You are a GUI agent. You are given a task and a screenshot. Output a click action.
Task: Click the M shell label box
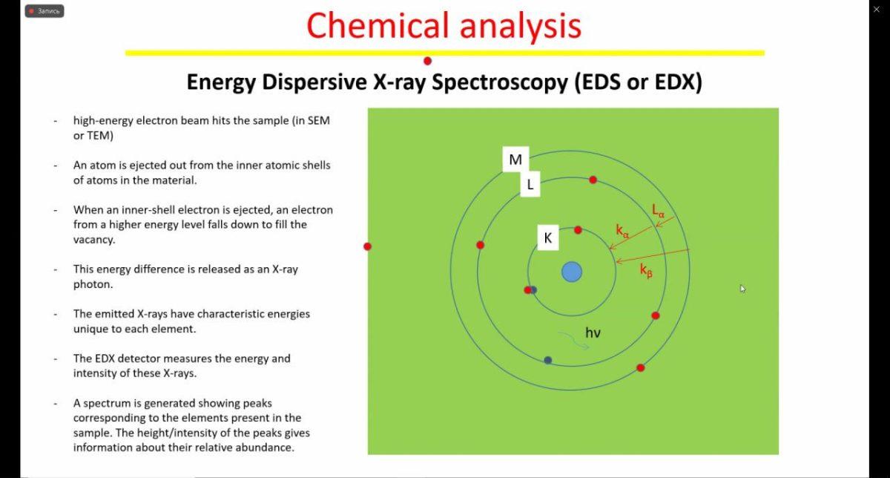515,160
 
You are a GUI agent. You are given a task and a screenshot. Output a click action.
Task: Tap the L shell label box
530,184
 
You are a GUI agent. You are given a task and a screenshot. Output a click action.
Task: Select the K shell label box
548,238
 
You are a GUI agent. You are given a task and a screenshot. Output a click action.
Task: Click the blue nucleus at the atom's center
572,272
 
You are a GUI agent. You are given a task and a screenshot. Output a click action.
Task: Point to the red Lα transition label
658,210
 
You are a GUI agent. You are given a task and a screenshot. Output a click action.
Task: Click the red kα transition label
622,231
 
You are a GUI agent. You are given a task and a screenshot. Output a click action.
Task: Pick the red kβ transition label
646,271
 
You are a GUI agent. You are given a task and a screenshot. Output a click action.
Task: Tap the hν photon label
593,333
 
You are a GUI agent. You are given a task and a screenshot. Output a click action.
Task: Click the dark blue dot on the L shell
548,360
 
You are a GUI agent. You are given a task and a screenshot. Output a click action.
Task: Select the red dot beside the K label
578,230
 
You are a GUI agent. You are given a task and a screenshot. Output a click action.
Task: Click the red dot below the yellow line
427,62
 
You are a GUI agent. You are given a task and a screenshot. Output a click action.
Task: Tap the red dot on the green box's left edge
368,246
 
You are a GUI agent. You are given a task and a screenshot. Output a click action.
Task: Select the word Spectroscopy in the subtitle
500,82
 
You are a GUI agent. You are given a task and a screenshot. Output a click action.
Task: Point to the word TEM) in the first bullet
100,136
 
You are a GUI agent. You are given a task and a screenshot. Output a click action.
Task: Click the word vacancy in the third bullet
93,240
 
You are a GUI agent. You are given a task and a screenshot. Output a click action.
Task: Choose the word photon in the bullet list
92,284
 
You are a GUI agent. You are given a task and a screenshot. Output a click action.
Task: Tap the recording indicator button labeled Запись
44,11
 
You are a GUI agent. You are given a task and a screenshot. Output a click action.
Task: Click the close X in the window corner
877,10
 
